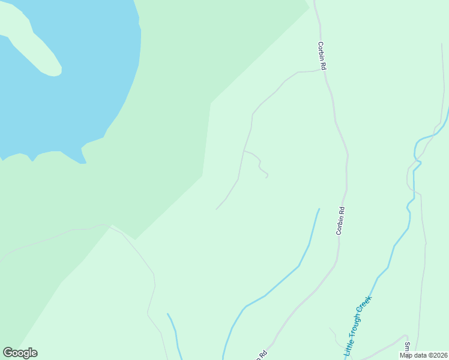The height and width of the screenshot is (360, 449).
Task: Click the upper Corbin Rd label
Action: click(322, 56)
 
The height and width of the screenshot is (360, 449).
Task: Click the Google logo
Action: click(20, 353)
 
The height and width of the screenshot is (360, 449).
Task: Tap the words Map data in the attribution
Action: click(412, 355)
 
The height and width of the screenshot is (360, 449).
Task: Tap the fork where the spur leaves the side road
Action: click(244, 151)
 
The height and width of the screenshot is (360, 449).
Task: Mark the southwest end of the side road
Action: click(216, 209)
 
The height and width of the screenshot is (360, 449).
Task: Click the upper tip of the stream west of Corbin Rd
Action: click(319, 209)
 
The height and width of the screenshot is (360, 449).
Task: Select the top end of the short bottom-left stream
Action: click(167, 314)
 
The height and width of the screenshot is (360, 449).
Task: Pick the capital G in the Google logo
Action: click(8, 353)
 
